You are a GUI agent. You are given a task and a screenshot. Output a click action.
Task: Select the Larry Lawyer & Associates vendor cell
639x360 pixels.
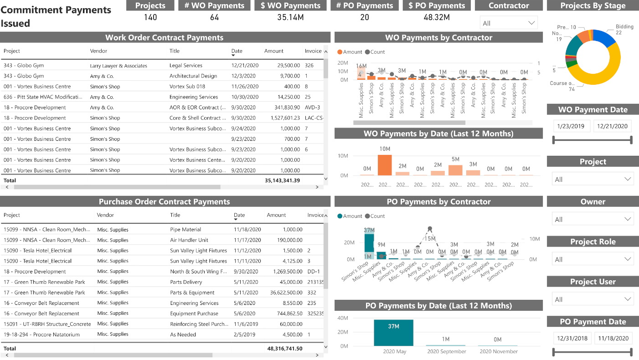point(119,66)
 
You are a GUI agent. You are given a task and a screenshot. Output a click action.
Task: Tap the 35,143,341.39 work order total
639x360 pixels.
point(282,180)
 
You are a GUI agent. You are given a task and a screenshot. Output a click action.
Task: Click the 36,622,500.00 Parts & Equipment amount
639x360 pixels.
point(284,293)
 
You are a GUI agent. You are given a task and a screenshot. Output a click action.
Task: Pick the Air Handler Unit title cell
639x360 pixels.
point(189,240)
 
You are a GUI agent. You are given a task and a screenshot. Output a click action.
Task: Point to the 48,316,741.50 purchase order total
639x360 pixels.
point(284,349)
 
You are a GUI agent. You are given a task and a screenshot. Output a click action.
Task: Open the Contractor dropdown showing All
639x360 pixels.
point(509,23)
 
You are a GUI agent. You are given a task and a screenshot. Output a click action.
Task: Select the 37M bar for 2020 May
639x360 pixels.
point(393,333)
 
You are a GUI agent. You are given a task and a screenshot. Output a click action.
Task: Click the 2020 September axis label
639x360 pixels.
point(446,352)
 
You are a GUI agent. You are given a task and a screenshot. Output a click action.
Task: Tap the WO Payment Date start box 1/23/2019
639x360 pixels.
point(572,126)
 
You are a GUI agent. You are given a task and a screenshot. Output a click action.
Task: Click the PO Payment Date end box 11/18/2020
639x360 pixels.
point(613,338)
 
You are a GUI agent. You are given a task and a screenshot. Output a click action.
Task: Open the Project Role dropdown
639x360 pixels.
point(593,259)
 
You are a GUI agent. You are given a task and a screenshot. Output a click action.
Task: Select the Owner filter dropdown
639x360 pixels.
point(593,219)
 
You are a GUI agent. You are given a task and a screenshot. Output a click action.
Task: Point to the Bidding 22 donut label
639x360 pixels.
point(624,30)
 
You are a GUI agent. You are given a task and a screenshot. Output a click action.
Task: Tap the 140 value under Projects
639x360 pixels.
point(150,17)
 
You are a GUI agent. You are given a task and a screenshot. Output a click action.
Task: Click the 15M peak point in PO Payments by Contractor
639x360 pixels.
point(429,229)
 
